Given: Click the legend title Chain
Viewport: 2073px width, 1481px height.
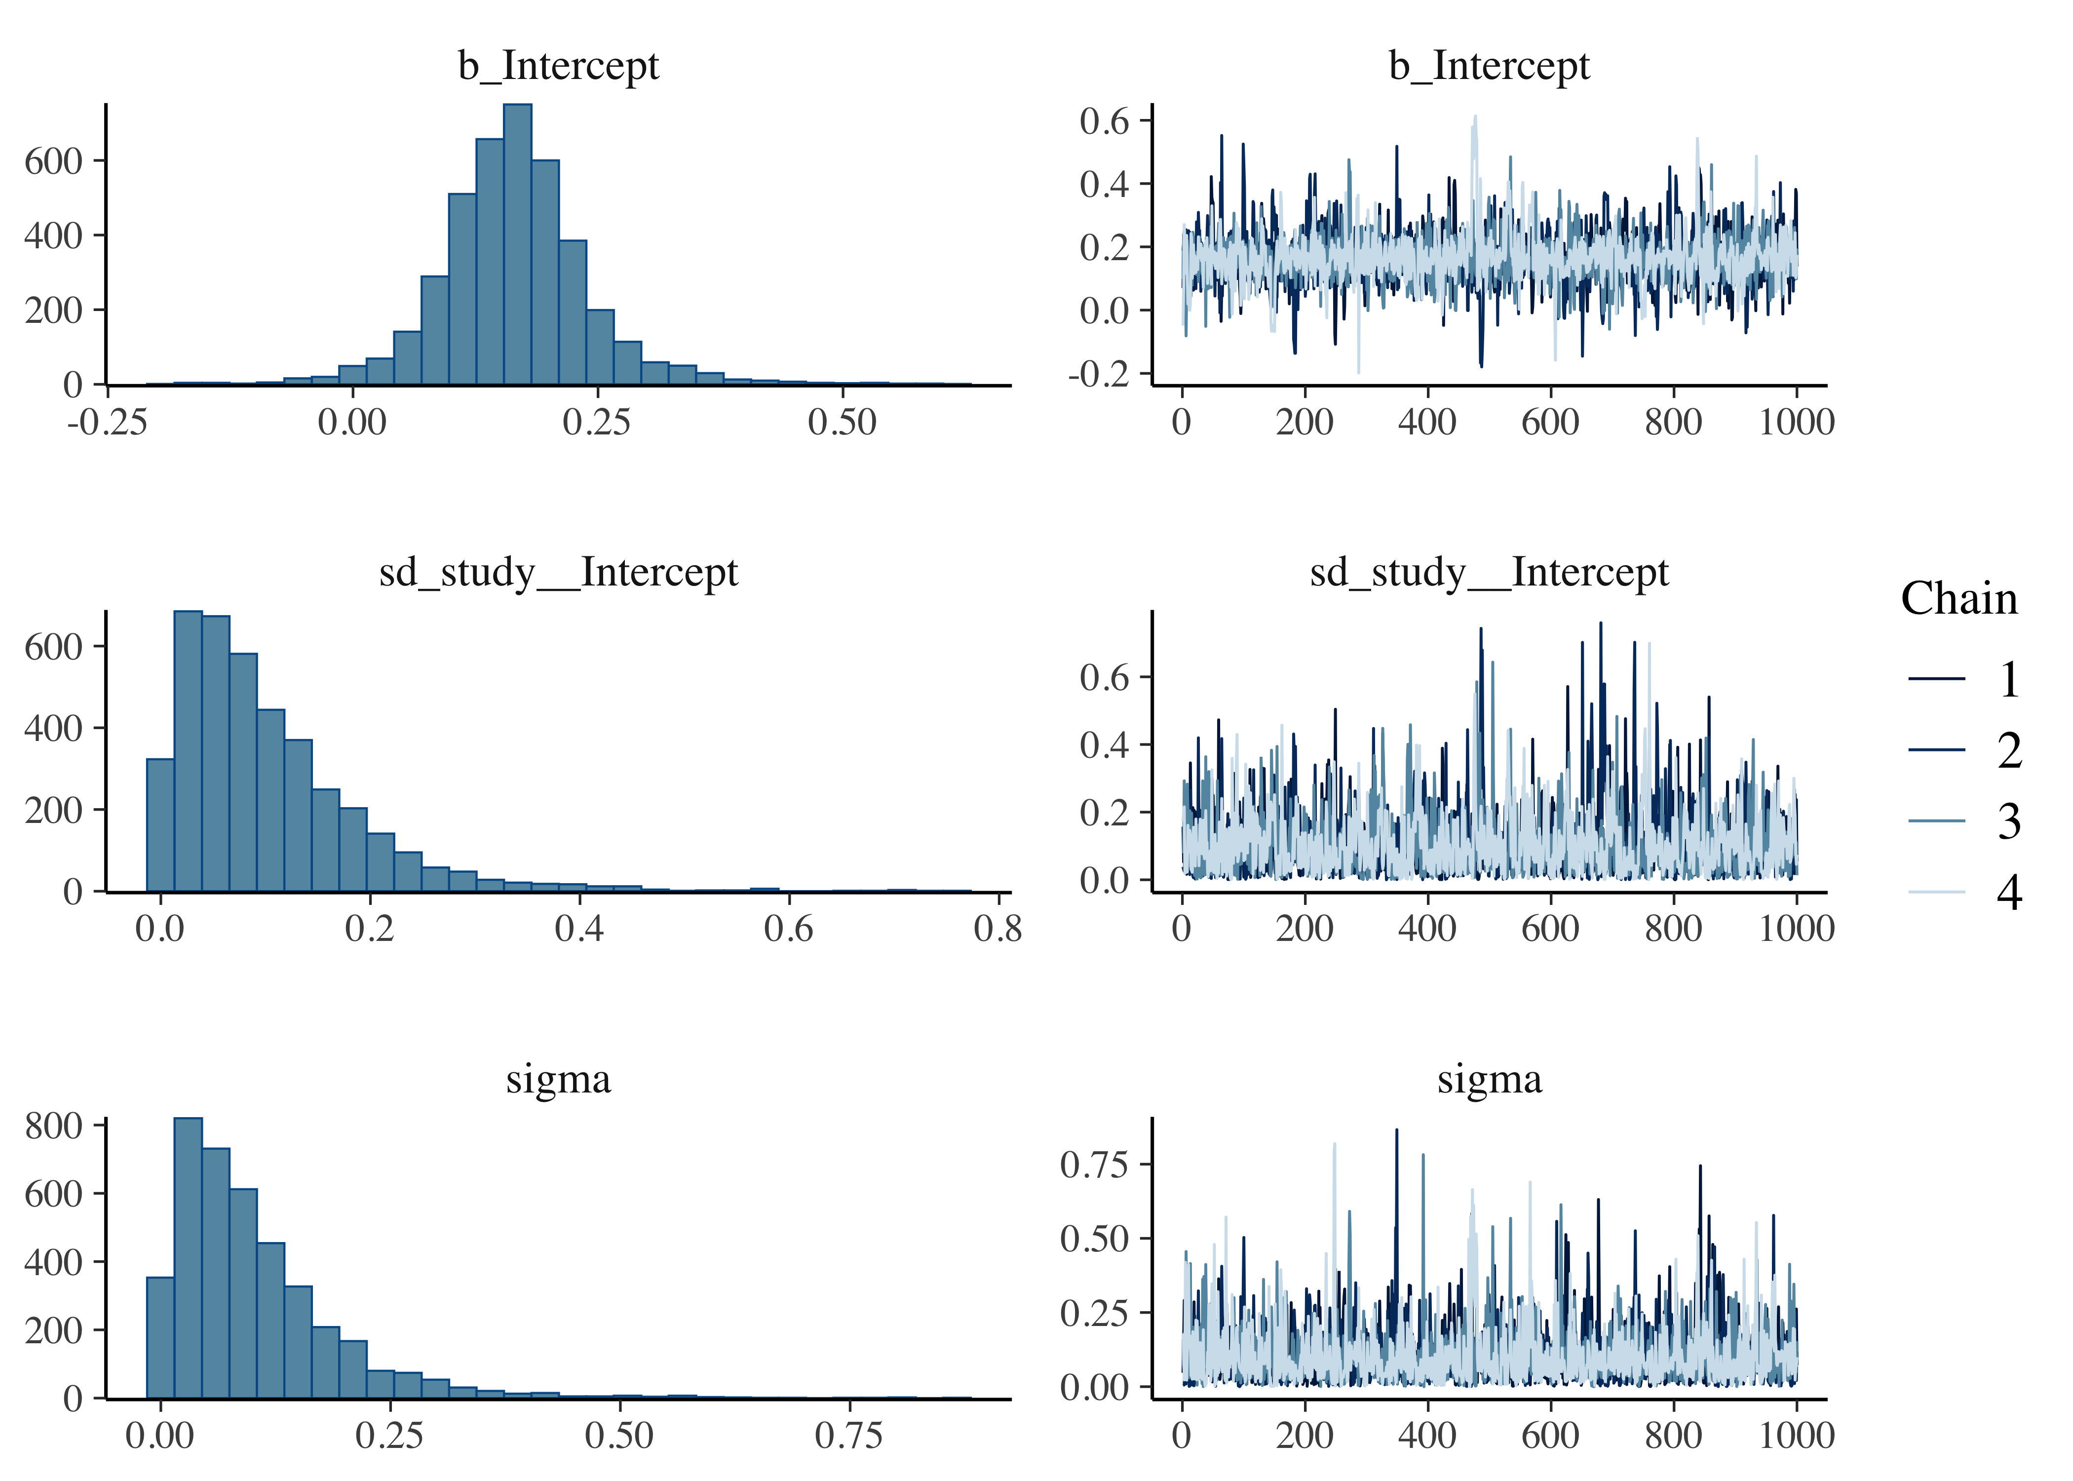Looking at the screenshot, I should tap(1959, 599).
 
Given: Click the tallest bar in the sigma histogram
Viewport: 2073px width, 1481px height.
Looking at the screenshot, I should tap(188, 1258).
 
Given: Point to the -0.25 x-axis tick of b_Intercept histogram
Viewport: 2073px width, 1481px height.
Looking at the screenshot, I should tap(108, 422).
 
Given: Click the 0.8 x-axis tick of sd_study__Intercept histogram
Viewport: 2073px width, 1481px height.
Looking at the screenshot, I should tap(998, 929).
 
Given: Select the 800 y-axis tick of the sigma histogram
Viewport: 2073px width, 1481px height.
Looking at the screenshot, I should tap(53, 1126).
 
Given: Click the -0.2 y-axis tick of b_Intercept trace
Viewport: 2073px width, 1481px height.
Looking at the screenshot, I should tap(1104, 374).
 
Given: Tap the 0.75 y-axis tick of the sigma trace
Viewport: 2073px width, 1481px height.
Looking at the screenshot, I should tap(1094, 1165).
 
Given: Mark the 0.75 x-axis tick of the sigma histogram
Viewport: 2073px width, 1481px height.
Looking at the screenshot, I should tap(849, 1436).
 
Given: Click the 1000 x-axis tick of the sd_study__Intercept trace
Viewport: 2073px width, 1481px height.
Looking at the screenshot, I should tap(1796, 929).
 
